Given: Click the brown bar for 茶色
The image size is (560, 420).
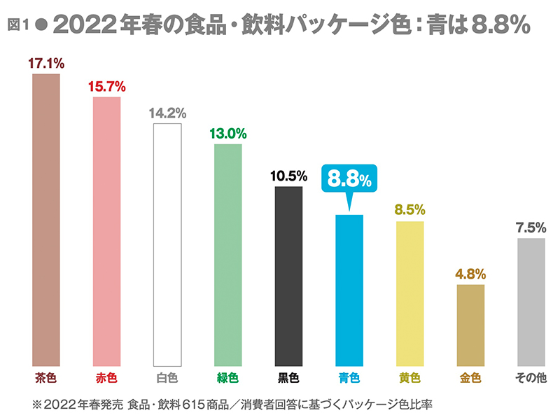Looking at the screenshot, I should click(x=46, y=220).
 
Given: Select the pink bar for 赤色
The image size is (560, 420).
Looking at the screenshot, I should click(x=107, y=231).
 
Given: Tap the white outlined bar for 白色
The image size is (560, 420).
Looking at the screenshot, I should click(x=167, y=245).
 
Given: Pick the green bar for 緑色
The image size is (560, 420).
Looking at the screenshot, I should click(x=227, y=255).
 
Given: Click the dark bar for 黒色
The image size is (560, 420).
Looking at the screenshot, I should click(x=288, y=276).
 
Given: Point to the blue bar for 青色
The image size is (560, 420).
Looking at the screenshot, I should click(x=349, y=290).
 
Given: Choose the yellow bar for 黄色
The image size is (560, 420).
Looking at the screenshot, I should click(x=410, y=293).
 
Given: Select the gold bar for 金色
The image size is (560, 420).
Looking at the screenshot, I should click(x=470, y=325).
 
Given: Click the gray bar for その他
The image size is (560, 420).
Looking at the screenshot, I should click(x=531, y=302).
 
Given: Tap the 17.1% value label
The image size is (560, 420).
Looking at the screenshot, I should click(x=46, y=63).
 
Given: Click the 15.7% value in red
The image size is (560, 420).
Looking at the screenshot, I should click(x=107, y=87).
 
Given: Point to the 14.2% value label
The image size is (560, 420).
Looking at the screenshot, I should click(x=167, y=113).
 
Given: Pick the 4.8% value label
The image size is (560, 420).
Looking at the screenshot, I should click(x=470, y=274).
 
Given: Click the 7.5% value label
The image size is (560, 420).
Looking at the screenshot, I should click(x=531, y=227).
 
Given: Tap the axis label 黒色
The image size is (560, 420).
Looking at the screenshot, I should click(x=288, y=379).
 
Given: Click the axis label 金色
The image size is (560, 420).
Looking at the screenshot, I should click(x=470, y=379).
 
